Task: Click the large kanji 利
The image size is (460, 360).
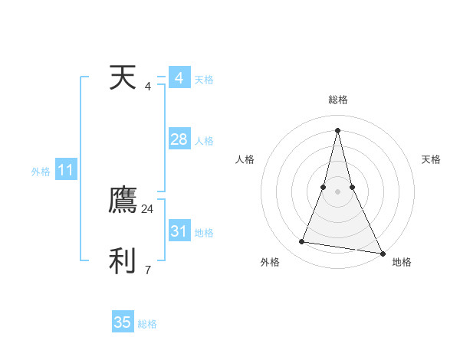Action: [123, 261]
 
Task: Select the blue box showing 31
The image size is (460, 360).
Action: [179, 231]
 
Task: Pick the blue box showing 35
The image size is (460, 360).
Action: [122, 322]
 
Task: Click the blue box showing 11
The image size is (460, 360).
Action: [65, 170]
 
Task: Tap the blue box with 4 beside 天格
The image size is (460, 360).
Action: [179, 78]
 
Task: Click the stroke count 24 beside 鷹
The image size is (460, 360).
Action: [148, 208]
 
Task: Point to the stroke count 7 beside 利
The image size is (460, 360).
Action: [148, 270]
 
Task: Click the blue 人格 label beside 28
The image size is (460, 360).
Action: [204, 141]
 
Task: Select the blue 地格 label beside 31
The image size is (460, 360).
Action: [204, 233]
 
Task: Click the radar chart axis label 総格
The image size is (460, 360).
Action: [338, 100]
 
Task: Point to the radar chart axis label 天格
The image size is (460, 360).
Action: [432, 159]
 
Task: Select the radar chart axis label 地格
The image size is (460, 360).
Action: [402, 263]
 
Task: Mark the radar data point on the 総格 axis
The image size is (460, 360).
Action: [338, 129]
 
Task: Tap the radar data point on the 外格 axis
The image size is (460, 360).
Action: [302, 242]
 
